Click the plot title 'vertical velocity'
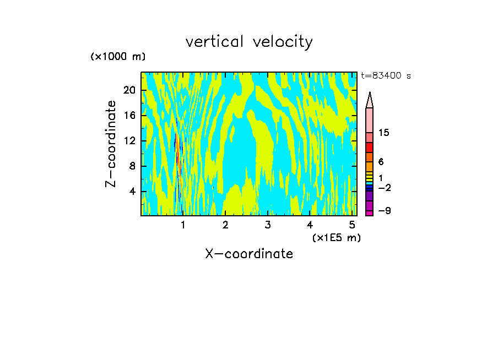(x=249, y=42)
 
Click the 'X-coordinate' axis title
(x=249, y=254)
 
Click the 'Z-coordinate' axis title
(x=111, y=144)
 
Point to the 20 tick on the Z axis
(x=130, y=90)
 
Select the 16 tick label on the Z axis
(x=130, y=116)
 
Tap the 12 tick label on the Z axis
(x=130, y=141)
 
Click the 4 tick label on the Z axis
(x=132, y=192)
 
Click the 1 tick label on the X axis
(x=183, y=225)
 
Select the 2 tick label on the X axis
(x=225, y=225)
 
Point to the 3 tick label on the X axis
(x=268, y=225)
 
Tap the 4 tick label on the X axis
(x=310, y=225)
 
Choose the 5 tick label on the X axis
(x=352, y=225)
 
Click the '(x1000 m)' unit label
(x=118, y=57)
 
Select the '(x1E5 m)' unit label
(x=336, y=238)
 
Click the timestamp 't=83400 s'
(x=386, y=76)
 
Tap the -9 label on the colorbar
(x=384, y=211)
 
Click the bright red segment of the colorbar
(x=369, y=148)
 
